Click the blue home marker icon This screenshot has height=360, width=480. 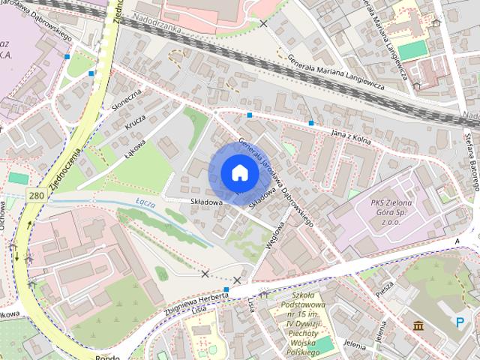click(239, 172)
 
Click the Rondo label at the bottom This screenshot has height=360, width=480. click(107, 356)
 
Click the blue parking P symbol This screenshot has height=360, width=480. click(459, 322)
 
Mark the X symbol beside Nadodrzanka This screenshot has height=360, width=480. click(262, 24)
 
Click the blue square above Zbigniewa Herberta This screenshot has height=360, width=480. click(226, 289)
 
